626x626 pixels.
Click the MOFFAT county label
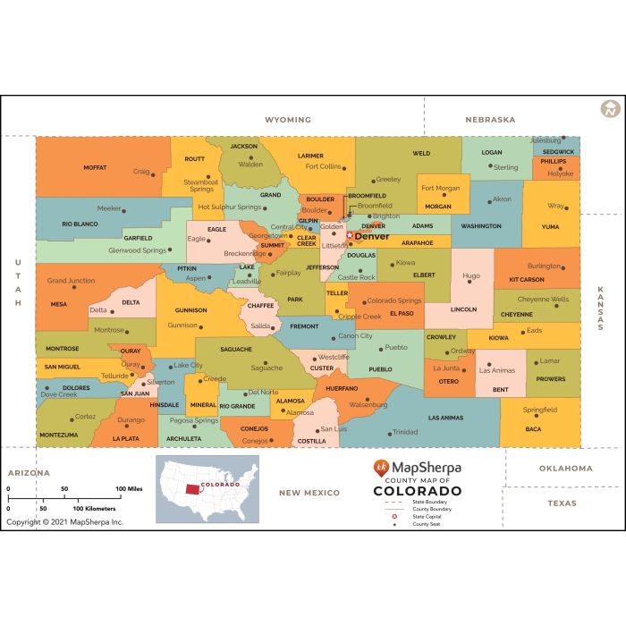tap(95, 167)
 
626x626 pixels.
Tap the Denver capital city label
tap(372, 237)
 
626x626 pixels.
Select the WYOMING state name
tap(288, 120)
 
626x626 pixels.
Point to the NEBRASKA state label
tap(490, 120)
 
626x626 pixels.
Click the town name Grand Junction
tap(71, 281)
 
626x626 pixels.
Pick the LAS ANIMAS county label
tap(445, 418)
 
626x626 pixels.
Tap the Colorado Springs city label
tap(393, 300)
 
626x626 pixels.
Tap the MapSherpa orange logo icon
tap(382, 468)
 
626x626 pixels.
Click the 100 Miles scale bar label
tap(129, 488)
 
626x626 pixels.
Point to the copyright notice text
tap(64, 521)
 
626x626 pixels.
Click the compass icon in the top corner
tap(611, 109)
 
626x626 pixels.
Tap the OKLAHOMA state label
tap(565, 469)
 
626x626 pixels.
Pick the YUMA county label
tap(550, 226)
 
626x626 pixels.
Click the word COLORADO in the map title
tap(417, 491)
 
